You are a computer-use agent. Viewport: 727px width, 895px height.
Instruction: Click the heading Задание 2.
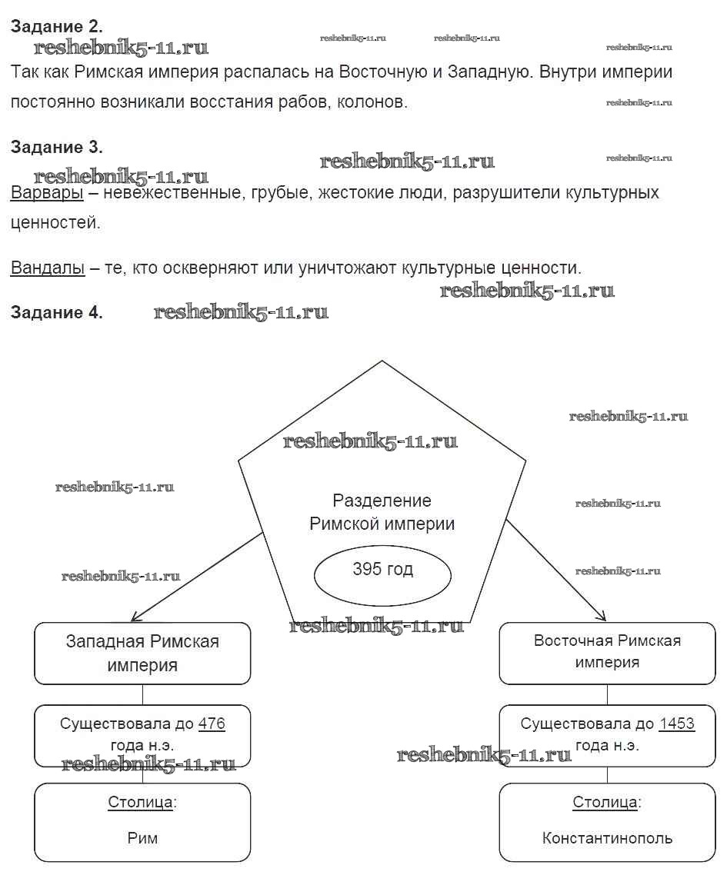56,26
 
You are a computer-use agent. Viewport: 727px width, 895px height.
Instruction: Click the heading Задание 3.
56,147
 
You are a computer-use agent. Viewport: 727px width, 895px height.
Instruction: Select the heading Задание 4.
56,312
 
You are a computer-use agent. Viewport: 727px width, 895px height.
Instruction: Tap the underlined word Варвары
47,192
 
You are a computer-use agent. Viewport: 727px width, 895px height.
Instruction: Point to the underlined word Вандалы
48,268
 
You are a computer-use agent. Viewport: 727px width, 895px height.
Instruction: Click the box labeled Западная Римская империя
142,654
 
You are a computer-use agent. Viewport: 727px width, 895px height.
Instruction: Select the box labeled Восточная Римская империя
607,653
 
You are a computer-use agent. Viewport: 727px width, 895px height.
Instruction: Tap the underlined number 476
212,724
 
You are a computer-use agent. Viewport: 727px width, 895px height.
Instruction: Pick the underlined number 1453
676,724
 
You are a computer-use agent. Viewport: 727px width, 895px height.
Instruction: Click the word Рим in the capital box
142,837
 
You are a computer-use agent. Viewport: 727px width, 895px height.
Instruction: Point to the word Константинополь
607,837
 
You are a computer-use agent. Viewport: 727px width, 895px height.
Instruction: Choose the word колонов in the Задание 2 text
374,102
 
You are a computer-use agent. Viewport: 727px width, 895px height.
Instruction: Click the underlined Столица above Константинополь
605,803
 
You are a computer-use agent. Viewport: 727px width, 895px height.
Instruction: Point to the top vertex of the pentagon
382,360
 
